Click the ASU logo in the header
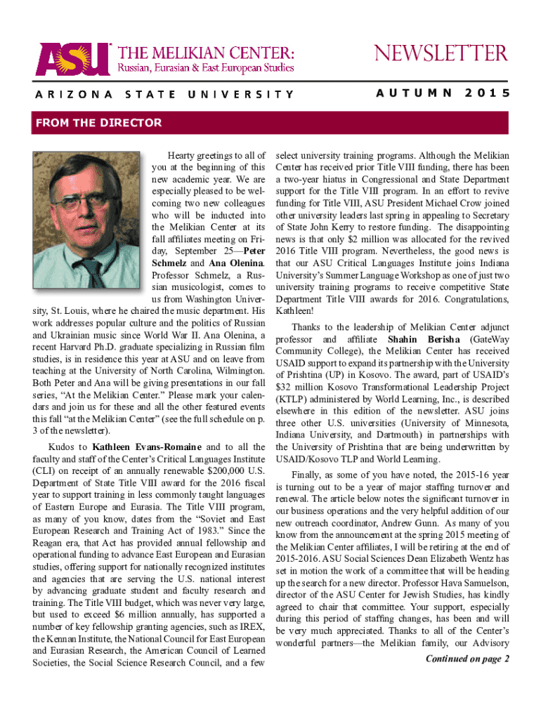click(x=71, y=60)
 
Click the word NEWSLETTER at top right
click(x=441, y=53)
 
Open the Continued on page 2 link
click(x=467, y=659)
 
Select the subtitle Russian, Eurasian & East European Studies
click(x=205, y=69)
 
